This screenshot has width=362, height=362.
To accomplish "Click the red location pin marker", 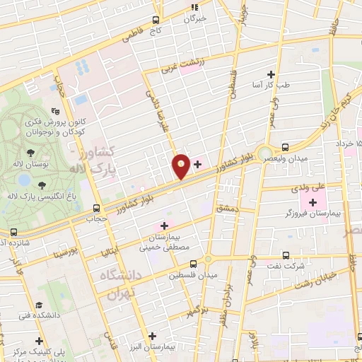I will click(182, 166).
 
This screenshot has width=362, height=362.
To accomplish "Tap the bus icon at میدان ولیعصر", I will click(285, 147).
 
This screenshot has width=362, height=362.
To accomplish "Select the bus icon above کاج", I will click(160, 20).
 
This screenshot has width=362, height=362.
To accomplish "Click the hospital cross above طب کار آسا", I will click(271, 74).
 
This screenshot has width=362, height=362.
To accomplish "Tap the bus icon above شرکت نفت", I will click(286, 255).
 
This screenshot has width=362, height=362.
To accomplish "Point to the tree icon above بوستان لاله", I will click(30, 153).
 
